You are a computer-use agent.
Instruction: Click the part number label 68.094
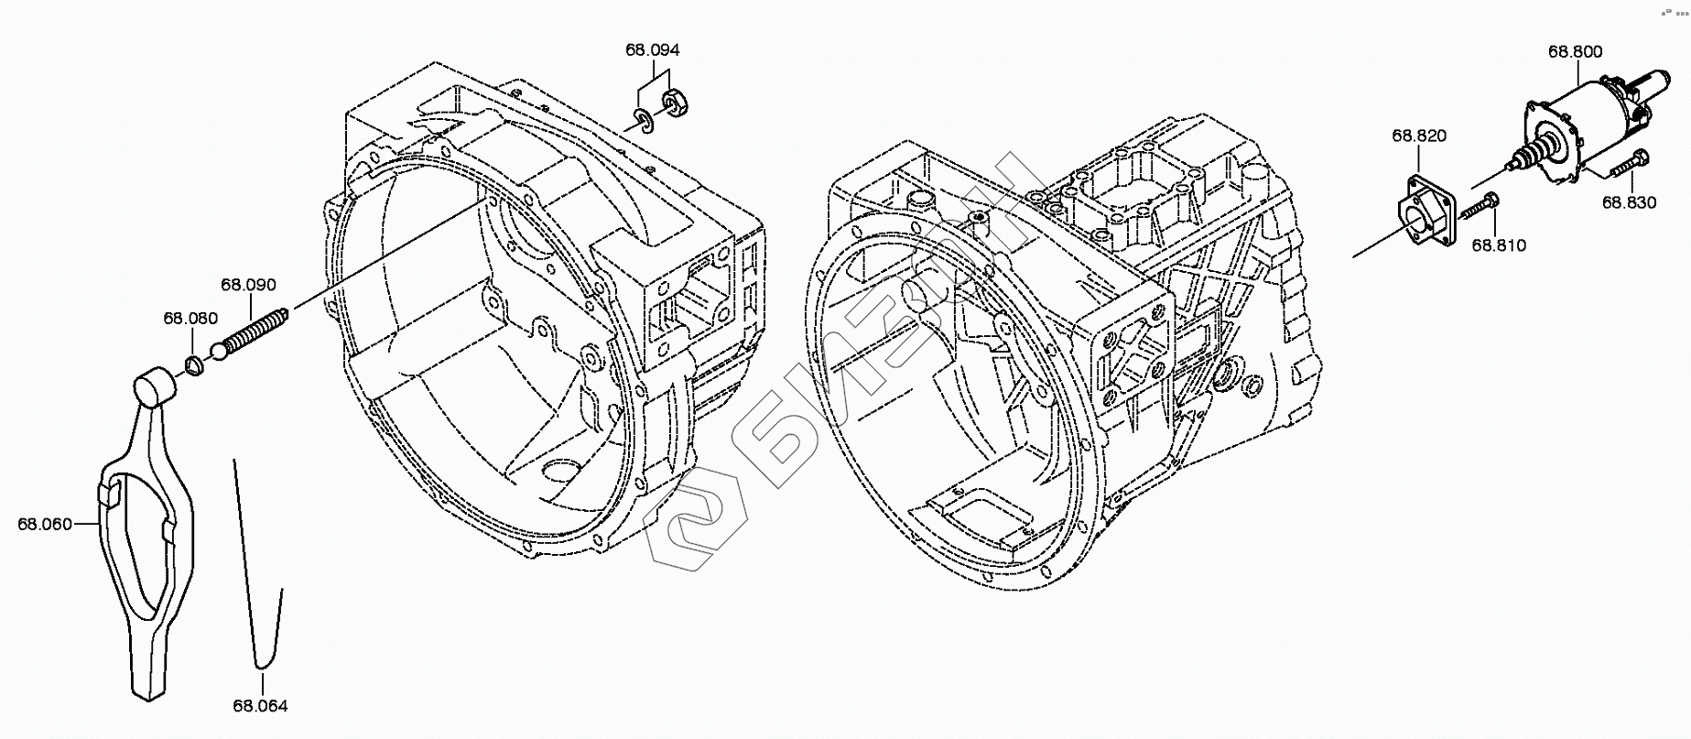653,49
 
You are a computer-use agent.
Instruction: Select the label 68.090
248,285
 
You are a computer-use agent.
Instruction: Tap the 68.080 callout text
190,319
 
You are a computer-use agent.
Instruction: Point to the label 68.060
44,524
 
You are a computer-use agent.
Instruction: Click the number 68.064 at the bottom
260,706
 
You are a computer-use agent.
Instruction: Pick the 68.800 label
1576,51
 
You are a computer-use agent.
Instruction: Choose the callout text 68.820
1419,136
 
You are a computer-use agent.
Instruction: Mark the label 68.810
1499,245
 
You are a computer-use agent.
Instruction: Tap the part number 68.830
1629,203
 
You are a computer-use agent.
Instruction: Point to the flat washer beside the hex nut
644,121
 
